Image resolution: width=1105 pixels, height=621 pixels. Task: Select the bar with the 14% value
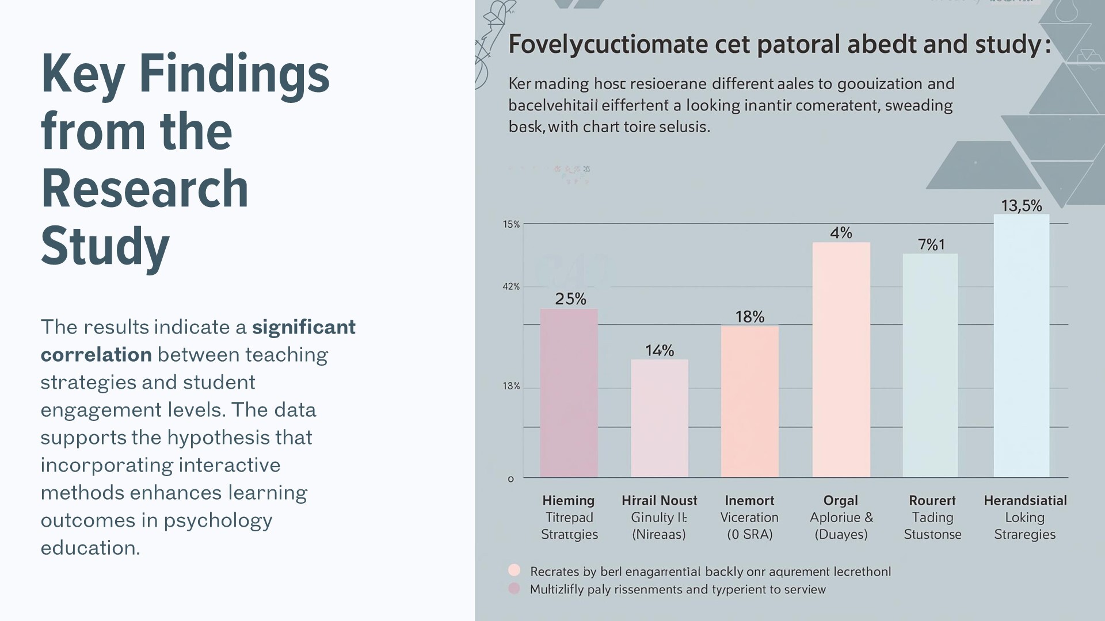pos(660,418)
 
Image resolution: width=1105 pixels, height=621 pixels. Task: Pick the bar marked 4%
pos(841,359)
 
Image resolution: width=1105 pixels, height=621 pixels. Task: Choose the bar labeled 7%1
pos(930,365)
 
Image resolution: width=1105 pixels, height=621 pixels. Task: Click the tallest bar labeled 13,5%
pos(1021,346)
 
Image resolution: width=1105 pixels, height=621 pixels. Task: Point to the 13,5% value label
pos(1021,206)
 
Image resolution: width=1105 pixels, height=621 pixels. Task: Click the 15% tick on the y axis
pos(511,224)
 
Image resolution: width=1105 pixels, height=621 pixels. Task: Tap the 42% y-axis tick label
pos(511,286)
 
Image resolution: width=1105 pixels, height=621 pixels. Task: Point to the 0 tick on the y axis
pos(510,479)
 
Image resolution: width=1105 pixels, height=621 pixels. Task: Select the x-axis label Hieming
pos(568,500)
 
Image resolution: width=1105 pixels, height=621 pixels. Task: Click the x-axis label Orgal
pos(840,500)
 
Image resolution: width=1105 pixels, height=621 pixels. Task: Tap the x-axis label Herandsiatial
pos(1025,500)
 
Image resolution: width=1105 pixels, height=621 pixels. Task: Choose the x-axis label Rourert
pos(932,500)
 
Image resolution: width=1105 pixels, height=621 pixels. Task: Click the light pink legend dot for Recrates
pos(515,570)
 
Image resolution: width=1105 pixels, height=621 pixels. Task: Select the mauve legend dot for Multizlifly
pos(515,588)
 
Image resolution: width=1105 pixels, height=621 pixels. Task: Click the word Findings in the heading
pos(234,74)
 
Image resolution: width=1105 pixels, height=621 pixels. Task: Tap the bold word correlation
pos(96,355)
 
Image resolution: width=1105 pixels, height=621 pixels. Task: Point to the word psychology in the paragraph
pos(218,520)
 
